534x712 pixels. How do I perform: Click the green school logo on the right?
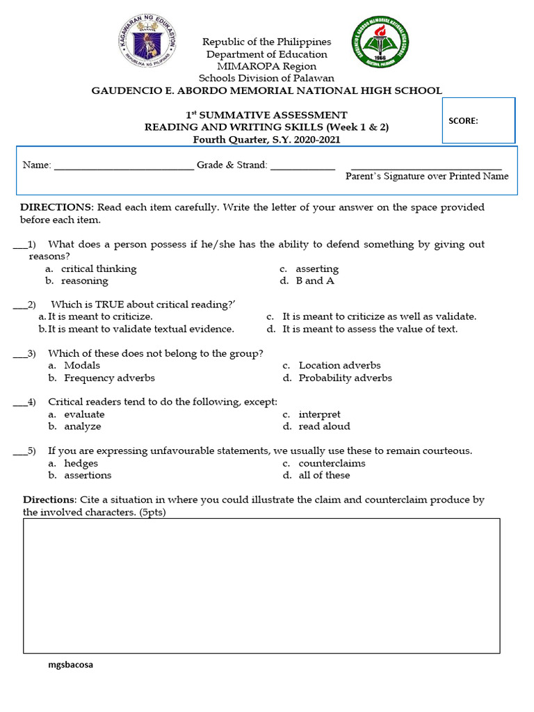click(x=380, y=43)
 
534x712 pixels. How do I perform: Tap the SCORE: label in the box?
click(x=463, y=120)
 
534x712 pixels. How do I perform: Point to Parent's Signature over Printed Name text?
click(x=427, y=177)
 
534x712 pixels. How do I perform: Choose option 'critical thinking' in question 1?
click(x=99, y=268)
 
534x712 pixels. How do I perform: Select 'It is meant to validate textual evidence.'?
click(x=141, y=329)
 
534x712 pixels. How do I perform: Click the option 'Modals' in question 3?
click(x=82, y=365)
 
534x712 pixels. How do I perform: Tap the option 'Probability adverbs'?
click(x=345, y=378)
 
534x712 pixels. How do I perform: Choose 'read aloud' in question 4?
click(x=324, y=426)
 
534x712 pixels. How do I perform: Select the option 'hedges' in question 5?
click(x=81, y=463)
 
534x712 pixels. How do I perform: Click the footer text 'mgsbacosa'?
click(x=70, y=665)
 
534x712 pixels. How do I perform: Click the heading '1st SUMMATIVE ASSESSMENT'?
click(x=266, y=115)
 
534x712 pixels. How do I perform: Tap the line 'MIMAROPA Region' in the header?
click(x=266, y=66)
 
